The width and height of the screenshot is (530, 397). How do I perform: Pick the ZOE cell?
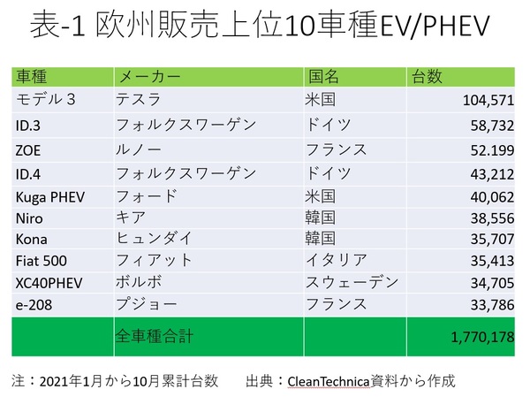click(x=28, y=149)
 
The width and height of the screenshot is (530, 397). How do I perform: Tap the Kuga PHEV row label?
click(x=50, y=196)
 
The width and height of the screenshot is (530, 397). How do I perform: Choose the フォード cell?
click(x=147, y=195)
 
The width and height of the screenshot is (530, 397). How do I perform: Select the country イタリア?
click(x=336, y=261)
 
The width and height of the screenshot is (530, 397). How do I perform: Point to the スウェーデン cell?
click(x=352, y=283)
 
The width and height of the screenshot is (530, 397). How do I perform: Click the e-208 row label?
click(x=35, y=305)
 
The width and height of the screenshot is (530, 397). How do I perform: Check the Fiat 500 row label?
click(x=42, y=261)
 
